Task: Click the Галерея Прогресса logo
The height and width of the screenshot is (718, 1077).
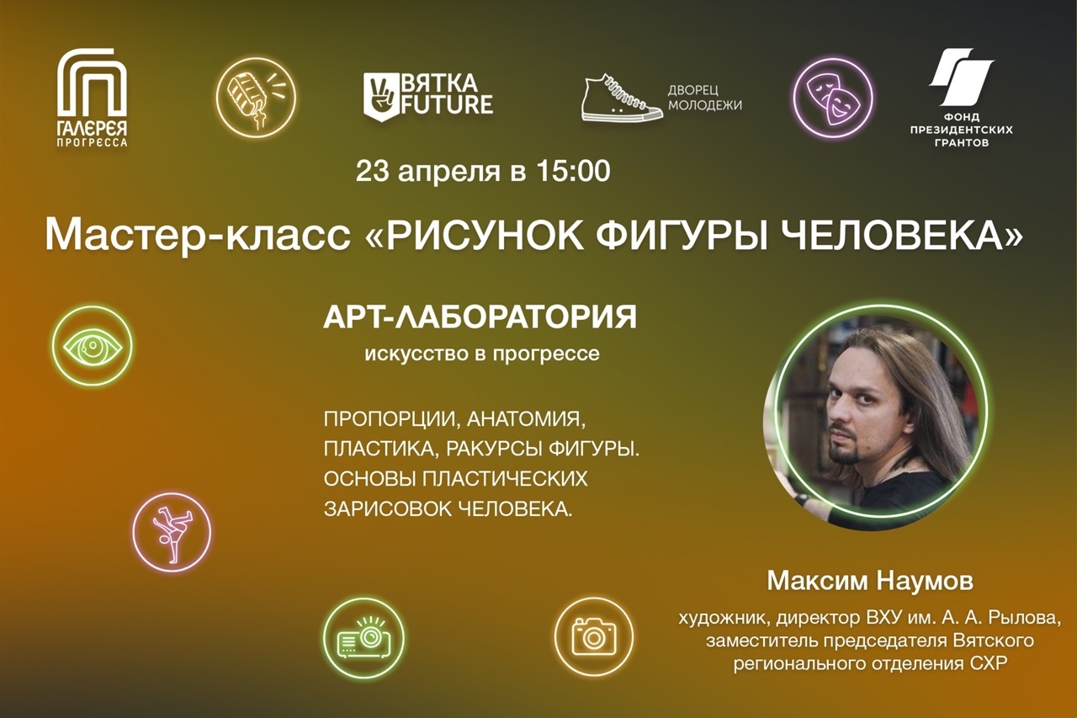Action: coord(93,97)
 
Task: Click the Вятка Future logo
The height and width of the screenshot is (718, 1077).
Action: coord(428,97)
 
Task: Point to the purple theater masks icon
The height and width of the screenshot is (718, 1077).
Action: coord(833,98)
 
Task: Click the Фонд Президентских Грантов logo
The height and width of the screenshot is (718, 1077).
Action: coord(961,97)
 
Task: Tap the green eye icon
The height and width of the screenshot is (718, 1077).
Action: coord(92,346)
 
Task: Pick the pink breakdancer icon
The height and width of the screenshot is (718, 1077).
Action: coord(172,531)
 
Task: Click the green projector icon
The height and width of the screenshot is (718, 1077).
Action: coord(363,638)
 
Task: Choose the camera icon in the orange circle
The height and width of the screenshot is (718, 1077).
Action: coord(594,636)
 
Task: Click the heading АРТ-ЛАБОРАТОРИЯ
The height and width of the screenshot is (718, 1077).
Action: coord(480,317)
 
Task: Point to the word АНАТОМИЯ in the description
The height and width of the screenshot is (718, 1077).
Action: coord(527,419)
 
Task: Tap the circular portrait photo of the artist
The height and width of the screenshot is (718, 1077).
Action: coord(875,418)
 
